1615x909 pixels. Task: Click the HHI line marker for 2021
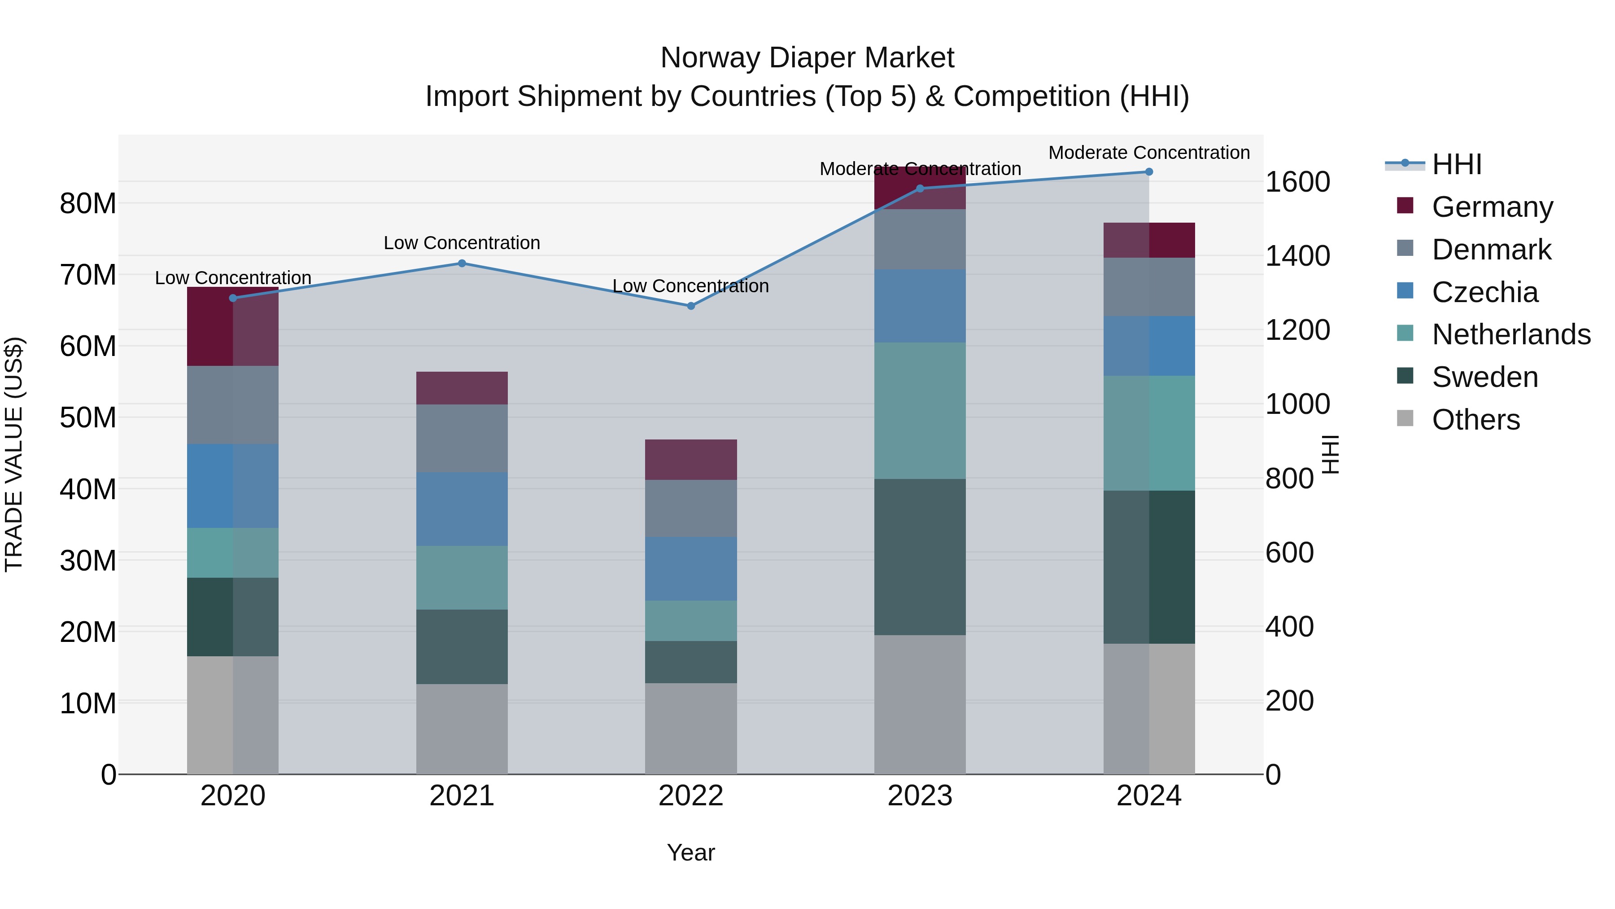(462, 263)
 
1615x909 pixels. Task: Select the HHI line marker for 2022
(691, 306)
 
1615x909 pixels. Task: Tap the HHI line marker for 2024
(1148, 172)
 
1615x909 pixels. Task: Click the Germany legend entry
(1492, 207)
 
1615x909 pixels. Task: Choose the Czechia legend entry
(1484, 292)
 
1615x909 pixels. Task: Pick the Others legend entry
(1476, 420)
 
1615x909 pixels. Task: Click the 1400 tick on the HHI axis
(1297, 256)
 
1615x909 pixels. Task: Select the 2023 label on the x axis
(920, 796)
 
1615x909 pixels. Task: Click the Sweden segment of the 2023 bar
(920, 557)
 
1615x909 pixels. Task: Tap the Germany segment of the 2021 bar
(462, 388)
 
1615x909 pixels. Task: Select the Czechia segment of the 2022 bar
(691, 568)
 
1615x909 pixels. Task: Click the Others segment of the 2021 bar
(462, 729)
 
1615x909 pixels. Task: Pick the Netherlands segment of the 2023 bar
(920, 411)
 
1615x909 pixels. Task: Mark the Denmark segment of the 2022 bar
(691, 508)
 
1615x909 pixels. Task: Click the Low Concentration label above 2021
(462, 243)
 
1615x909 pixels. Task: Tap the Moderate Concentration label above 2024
(1148, 153)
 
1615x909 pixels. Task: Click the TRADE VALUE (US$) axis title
(14, 454)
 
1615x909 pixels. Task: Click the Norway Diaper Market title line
(807, 58)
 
